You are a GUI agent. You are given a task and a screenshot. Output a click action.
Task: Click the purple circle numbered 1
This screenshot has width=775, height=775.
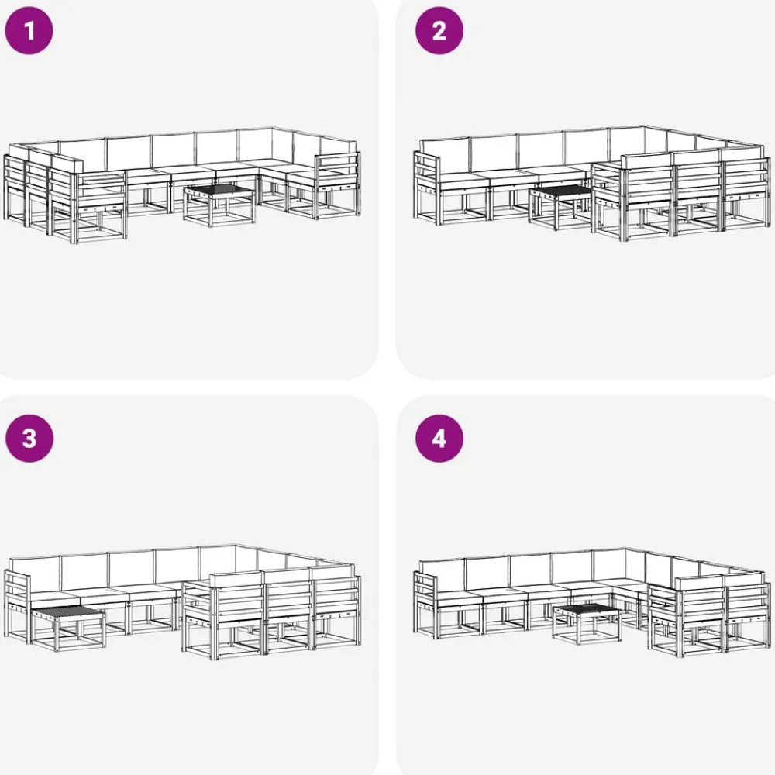tap(29, 31)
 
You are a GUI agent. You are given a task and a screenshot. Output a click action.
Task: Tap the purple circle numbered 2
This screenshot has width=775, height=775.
tap(439, 31)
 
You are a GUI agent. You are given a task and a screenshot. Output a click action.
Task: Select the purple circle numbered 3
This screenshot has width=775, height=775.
tap(29, 439)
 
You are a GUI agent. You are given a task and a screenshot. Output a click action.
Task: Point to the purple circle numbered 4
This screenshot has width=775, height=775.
tap(439, 439)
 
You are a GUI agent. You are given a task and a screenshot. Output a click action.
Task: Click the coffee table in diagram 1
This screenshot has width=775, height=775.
tap(219, 204)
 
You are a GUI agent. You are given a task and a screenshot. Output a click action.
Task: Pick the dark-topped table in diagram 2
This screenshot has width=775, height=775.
tap(560, 208)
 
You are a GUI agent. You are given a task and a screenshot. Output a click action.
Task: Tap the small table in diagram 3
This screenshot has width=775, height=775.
tap(68, 629)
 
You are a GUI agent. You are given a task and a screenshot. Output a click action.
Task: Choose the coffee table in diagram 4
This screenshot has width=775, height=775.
tap(587, 623)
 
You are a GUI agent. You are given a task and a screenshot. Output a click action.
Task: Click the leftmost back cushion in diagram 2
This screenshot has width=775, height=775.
tap(444, 155)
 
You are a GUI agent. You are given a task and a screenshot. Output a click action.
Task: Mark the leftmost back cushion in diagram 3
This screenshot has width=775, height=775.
tap(35, 573)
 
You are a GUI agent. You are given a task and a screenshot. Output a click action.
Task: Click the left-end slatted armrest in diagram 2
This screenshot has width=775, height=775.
tap(426, 185)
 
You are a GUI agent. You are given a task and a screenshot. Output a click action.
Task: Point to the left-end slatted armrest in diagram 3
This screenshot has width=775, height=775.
tap(17, 604)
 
